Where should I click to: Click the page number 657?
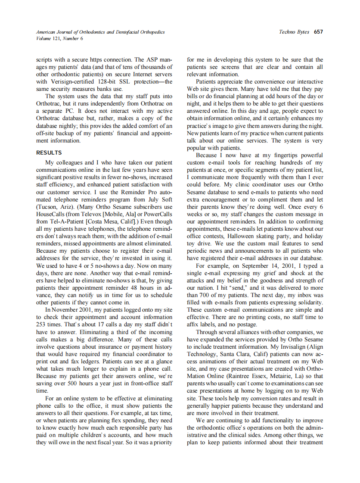pos(318,32)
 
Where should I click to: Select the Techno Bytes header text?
pos(294,32)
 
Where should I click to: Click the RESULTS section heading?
pos(49,153)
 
